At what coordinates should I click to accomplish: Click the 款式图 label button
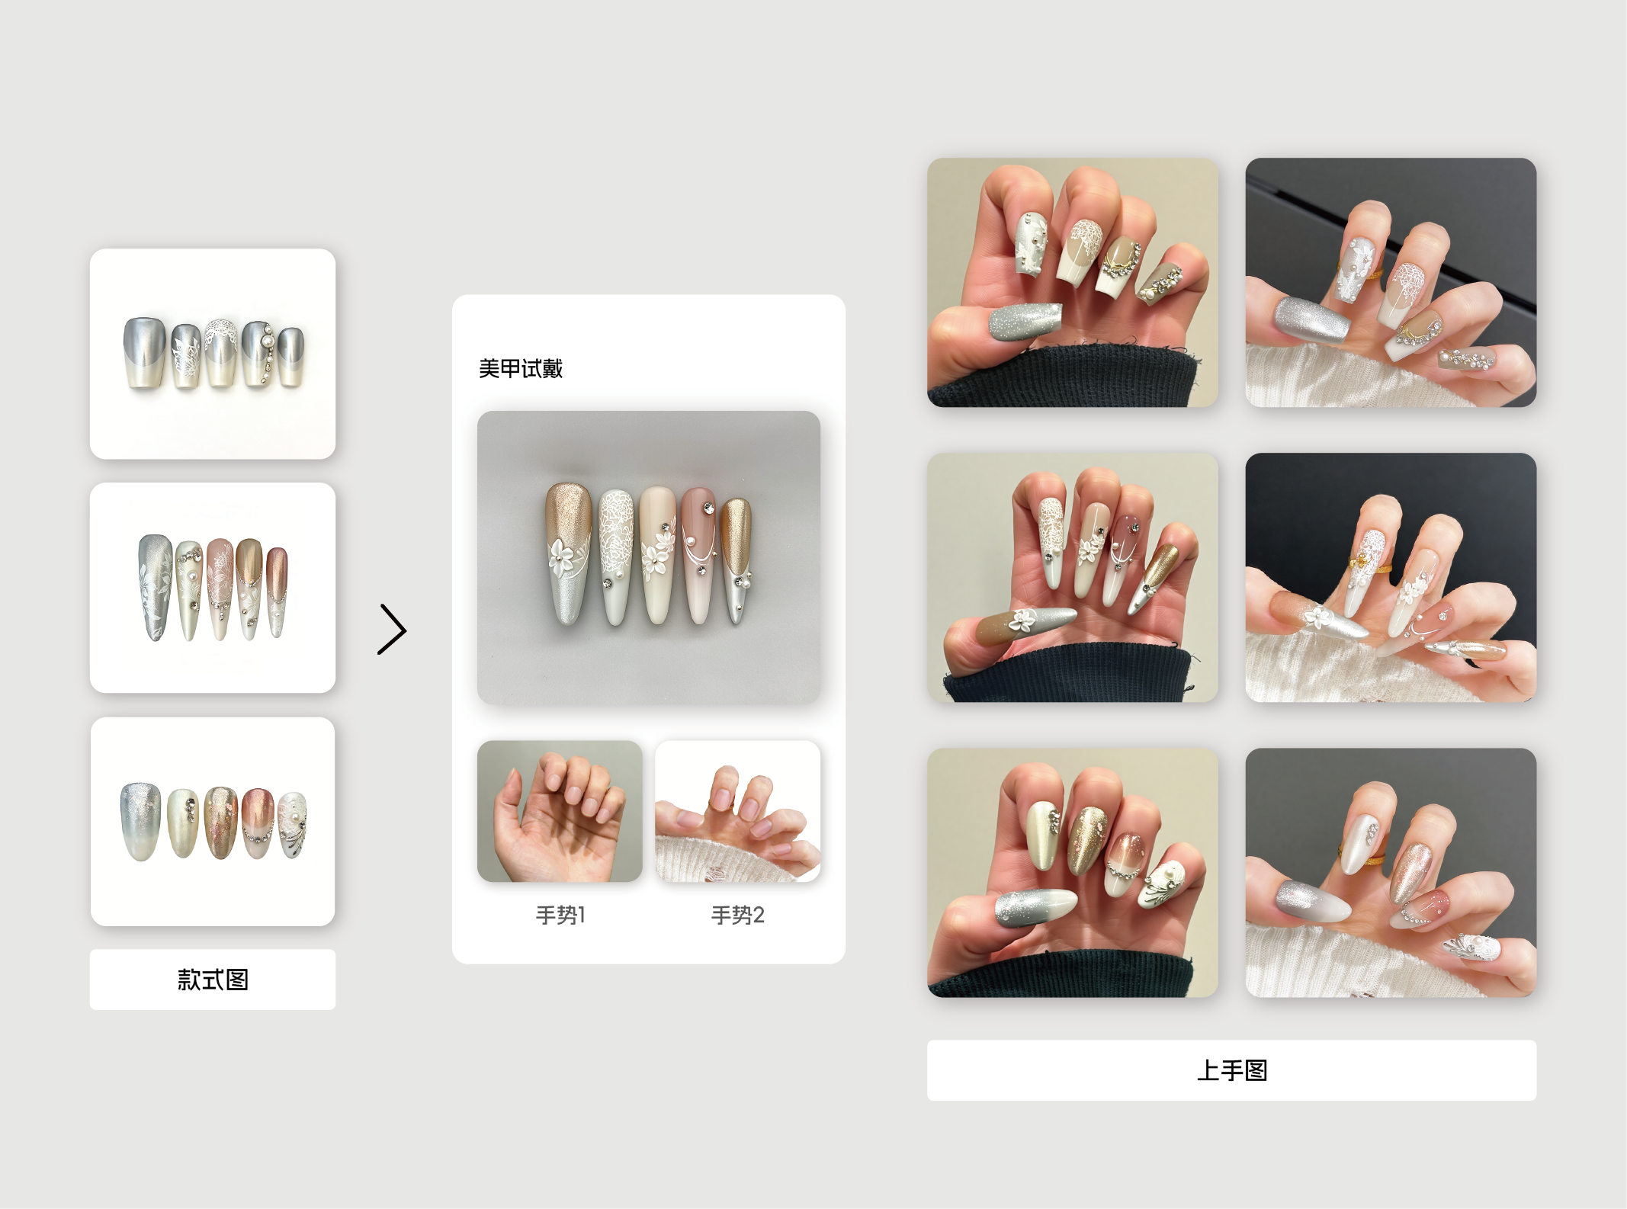click(x=213, y=980)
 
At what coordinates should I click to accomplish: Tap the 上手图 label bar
click(x=1231, y=1070)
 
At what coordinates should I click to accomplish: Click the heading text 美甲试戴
click(x=521, y=369)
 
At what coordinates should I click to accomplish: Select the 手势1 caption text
click(x=560, y=915)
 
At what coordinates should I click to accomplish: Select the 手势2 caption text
click(x=737, y=915)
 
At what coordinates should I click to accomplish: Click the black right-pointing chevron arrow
click(x=393, y=630)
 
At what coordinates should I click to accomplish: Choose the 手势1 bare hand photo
click(x=560, y=811)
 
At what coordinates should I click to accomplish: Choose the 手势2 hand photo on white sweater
click(x=738, y=811)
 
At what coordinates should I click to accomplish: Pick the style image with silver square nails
click(x=213, y=354)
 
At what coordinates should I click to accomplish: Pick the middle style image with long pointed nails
click(x=213, y=588)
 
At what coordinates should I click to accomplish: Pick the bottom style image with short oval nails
click(x=213, y=822)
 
